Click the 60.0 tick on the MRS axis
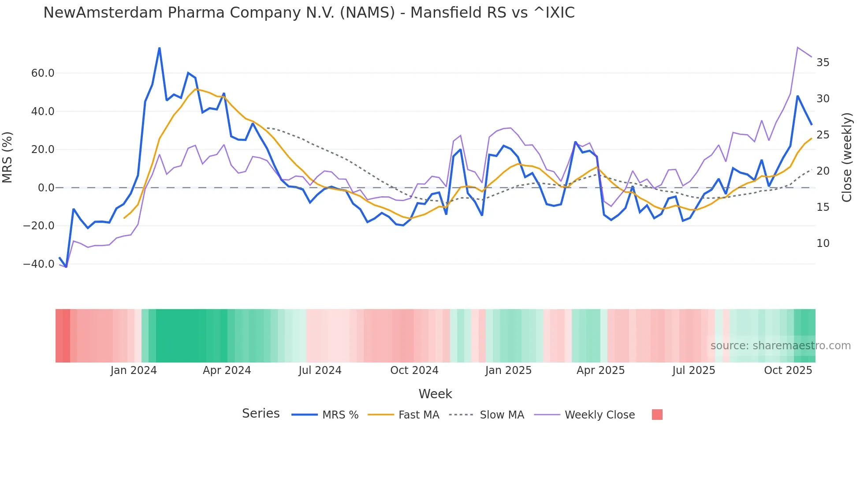pyautogui.click(x=43, y=73)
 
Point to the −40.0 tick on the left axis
pyautogui.click(x=39, y=264)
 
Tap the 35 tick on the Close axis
pyautogui.click(x=823, y=63)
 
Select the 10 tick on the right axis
pyautogui.click(x=823, y=243)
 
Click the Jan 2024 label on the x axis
pyautogui.click(x=134, y=370)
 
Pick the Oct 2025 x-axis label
pyautogui.click(x=788, y=370)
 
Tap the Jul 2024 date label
pyautogui.click(x=320, y=370)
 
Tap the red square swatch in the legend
pyautogui.click(x=657, y=415)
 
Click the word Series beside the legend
pyautogui.click(x=261, y=414)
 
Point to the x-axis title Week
pyautogui.click(x=435, y=394)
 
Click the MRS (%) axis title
pyautogui.click(x=7, y=157)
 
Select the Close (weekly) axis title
pyautogui.click(x=847, y=157)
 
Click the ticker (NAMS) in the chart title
pyautogui.click(x=367, y=13)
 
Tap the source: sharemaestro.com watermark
pyautogui.click(x=780, y=346)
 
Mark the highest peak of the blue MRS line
pyautogui.click(x=159, y=48)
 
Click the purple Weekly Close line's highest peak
pyautogui.click(x=797, y=47)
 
